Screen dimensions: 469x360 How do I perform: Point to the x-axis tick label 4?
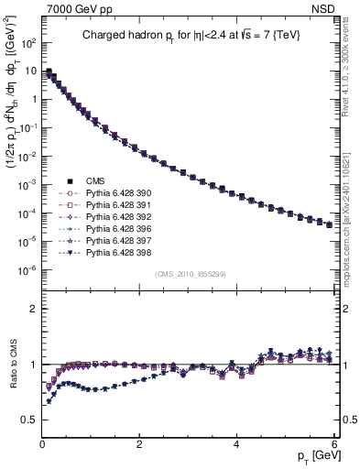pos(236,443)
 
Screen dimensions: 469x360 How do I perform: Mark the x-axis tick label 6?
pos(333,443)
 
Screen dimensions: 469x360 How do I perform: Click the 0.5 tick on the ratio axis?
pos(27,420)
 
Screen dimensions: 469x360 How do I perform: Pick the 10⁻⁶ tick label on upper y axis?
pos(27,270)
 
